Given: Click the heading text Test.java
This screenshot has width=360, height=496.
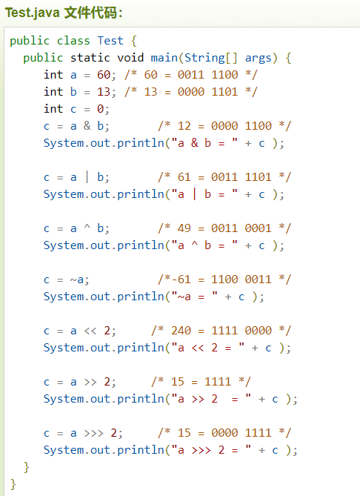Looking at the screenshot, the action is point(33,13).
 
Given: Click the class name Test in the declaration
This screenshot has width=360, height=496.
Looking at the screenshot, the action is point(110,41).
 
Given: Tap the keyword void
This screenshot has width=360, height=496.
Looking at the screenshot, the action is point(130,58).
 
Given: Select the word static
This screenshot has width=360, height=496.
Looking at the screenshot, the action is point(90,58).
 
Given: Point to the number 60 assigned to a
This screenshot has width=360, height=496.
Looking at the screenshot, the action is point(104,75).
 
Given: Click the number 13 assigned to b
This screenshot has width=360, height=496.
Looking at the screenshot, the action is point(104,92).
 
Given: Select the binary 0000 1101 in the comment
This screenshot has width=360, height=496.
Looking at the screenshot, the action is point(207,92).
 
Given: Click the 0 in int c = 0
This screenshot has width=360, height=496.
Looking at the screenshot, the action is point(101,109).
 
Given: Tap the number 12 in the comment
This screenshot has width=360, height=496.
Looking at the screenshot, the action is point(184,126).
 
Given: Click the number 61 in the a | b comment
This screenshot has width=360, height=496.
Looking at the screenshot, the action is point(184,177).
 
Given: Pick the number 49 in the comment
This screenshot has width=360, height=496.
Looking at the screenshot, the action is point(184,228).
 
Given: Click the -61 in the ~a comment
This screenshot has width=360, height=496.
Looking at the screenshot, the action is point(181,280).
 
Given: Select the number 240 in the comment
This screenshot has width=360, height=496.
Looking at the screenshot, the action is point(181,331).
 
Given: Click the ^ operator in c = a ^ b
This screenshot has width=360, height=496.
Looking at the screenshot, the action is point(87,226).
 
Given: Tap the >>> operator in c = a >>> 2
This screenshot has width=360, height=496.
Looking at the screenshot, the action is point(94,433).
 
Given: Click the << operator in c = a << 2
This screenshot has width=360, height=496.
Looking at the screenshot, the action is point(90,331).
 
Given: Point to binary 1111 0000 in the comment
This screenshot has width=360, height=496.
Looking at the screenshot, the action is point(241,331).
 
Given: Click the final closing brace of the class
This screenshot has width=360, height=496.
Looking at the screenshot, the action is point(13,484).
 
